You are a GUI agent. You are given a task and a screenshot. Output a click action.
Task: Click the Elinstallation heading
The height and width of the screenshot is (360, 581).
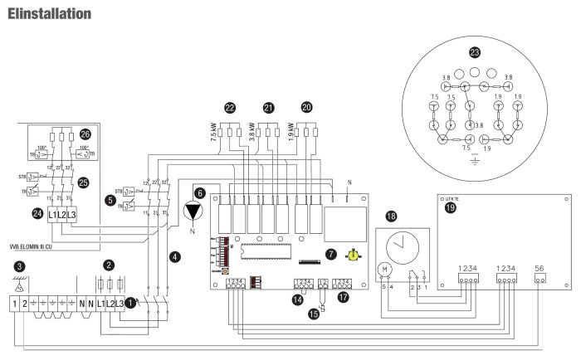[48, 13]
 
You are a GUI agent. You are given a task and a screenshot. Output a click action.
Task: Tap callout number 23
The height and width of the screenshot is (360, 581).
[475, 52]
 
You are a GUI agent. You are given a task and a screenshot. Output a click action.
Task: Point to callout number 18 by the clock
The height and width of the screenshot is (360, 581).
[392, 216]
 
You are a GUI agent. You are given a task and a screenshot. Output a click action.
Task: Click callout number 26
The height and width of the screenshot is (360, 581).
[85, 134]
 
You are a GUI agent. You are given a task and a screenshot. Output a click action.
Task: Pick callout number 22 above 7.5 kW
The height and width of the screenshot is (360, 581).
[230, 108]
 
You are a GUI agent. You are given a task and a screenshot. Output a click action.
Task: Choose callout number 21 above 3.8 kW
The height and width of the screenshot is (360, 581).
[267, 108]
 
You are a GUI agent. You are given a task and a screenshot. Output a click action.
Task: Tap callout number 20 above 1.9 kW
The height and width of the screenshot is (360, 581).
[306, 108]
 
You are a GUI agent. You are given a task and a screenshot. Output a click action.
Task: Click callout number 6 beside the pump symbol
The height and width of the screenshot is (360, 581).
[198, 192]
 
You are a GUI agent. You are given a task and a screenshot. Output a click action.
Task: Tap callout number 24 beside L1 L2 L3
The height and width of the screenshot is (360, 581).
[37, 213]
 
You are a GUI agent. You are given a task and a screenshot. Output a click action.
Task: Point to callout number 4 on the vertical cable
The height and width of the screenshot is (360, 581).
[173, 256]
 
